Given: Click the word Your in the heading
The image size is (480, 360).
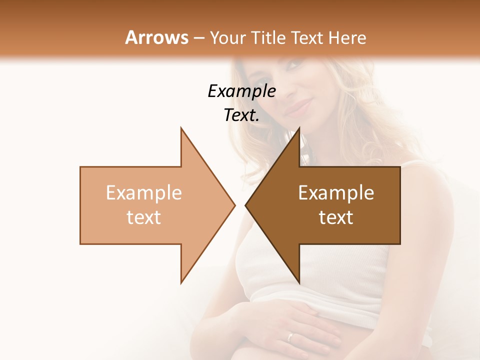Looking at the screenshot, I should [227, 38].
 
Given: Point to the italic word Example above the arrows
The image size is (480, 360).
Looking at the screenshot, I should [241, 91].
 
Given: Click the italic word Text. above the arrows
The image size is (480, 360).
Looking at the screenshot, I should [241, 115].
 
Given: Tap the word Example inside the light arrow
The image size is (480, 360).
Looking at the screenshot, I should [144, 193].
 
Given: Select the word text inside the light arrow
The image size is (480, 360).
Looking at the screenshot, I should [144, 217].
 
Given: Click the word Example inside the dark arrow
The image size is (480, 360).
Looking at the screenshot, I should [336, 193].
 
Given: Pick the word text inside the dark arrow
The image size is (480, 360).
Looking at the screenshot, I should [336, 217].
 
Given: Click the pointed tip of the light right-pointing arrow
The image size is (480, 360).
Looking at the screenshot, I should [234, 205].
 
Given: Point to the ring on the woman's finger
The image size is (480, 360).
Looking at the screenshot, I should [290, 336].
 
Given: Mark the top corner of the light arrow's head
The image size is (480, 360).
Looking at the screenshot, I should [181, 128].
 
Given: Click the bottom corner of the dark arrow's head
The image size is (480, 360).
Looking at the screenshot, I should [299, 282].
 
